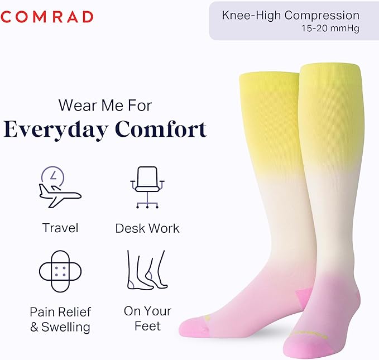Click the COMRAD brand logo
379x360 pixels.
(x=47, y=17)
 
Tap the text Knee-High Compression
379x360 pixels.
(x=290, y=15)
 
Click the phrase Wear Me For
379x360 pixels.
(x=105, y=105)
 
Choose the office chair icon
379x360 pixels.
(x=147, y=187)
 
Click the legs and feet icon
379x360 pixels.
(x=147, y=270)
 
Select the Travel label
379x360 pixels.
(x=60, y=228)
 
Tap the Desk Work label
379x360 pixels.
(x=147, y=228)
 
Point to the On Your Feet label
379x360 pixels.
(x=147, y=318)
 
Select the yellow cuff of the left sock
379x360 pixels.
(x=269, y=89)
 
